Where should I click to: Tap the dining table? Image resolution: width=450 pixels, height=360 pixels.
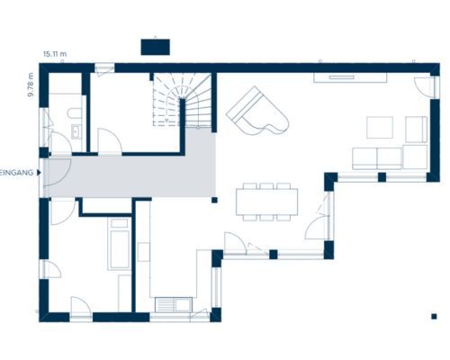[266, 202]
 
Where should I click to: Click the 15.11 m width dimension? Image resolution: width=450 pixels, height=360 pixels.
[55, 54]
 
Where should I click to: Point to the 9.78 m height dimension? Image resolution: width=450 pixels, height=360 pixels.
[31, 85]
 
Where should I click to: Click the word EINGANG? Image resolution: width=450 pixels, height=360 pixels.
[16, 173]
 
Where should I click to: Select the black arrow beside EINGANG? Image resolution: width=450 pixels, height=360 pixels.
[39, 173]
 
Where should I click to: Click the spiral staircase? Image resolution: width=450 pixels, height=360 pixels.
[183, 100]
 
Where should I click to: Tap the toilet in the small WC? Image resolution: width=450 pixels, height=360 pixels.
[75, 113]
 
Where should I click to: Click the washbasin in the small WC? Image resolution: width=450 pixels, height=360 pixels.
[76, 131]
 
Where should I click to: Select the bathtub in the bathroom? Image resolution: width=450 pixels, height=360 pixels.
[120, 244]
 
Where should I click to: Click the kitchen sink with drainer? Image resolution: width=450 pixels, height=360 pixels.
[174, 305]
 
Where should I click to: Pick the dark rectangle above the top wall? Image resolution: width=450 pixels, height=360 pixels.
[156, 47]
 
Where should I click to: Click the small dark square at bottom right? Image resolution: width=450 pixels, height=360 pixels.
[434, 316]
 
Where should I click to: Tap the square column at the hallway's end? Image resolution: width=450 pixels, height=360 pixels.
[214, 200]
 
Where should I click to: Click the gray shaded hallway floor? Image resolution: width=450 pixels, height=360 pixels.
[130, 177]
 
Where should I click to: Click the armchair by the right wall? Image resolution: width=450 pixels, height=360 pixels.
[417, 130]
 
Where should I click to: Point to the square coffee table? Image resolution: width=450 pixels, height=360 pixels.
[380, 128]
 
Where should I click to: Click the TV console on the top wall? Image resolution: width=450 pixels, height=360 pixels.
[350, 77]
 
